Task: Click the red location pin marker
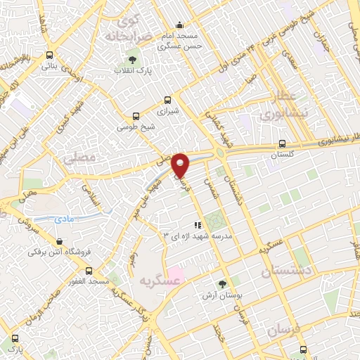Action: [x=181, y=165]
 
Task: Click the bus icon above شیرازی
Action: [x=167, y=100]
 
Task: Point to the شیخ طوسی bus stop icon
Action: [x=136, y=116]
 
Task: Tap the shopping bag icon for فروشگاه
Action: [x=59, y=241]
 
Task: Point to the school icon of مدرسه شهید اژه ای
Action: [x=198, y=225]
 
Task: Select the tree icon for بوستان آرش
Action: [x=222, y=285]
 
